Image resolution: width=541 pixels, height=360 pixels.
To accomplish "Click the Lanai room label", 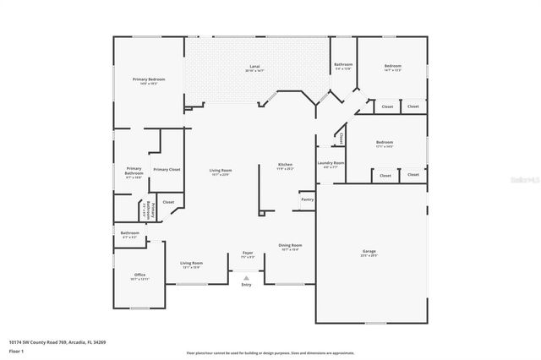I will tap(254, 65).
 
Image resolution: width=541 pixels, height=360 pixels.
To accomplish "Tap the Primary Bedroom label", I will tap(148, 79).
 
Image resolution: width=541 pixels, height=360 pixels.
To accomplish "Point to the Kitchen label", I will tap(286, 164).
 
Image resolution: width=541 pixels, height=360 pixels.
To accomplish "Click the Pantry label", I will tap(307, 199).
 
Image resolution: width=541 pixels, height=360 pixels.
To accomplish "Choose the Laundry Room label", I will tap(331, 162).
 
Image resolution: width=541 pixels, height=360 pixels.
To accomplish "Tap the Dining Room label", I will tap(289, 246).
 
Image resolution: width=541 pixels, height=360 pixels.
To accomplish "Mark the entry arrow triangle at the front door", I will tap(247, 277).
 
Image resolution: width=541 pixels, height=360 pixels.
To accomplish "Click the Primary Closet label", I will tap(167, 170).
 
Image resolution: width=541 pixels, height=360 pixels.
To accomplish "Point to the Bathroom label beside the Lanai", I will tap(342, 65).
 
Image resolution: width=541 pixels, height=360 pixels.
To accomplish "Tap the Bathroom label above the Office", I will tap(129, 233).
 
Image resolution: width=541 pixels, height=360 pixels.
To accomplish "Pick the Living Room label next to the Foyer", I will tap(192, 263).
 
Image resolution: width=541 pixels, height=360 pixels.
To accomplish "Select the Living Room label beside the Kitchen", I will tap(221, 171).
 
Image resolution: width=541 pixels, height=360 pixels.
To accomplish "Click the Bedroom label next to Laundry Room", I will tap(385, 143).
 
